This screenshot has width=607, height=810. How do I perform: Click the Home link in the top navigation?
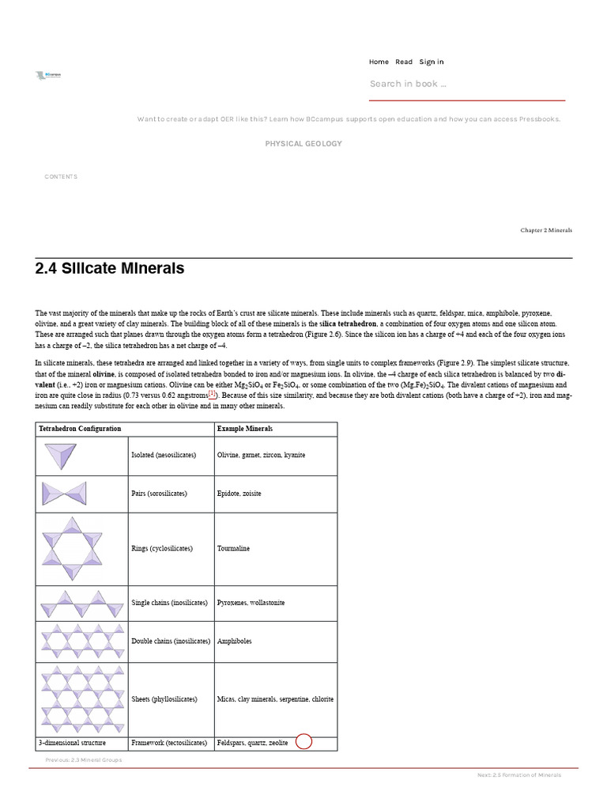(379, 62)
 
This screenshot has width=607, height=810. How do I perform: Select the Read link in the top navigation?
(404, 62)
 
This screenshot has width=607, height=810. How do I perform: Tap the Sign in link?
(432, 62)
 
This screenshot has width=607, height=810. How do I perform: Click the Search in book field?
(466, 84)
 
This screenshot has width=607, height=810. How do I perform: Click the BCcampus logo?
(49, 75)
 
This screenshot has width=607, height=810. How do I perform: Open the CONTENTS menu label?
(61, 176)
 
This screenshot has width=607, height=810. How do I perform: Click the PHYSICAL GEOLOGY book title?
(303, 144)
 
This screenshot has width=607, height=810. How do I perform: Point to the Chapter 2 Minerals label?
(546, 230)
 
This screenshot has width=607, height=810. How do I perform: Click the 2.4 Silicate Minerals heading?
(110, 269)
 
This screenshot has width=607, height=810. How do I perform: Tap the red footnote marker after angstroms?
(212, 394)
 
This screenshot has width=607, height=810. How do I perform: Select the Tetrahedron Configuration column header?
(80, 429)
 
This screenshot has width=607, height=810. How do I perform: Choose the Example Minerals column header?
(245, 429)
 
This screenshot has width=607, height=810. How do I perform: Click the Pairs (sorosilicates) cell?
(159, 494)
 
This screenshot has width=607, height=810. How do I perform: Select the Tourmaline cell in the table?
(233, 548)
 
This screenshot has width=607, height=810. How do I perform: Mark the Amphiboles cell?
(235, 642)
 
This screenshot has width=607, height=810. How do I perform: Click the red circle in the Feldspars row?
(303, 742)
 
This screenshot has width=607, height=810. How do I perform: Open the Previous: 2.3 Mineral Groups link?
(84, 759)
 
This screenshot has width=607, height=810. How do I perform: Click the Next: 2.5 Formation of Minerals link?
(519, 775)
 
